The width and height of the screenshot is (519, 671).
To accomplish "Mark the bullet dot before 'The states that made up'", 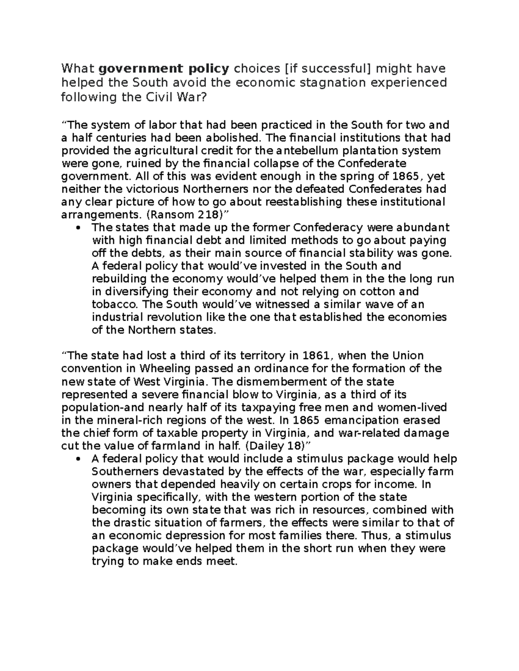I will [x=78, y=228].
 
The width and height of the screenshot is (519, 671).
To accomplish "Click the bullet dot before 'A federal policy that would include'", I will [x=78, y=459].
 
